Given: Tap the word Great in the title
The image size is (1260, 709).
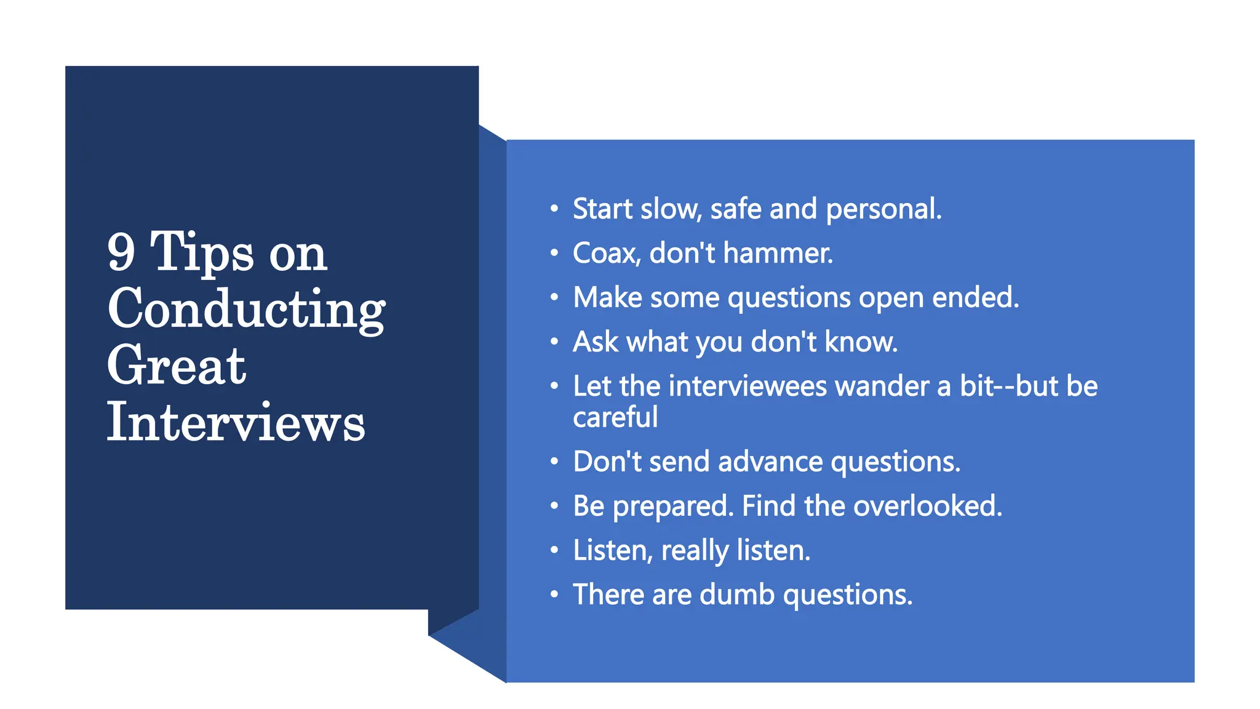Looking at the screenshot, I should pos(177,366).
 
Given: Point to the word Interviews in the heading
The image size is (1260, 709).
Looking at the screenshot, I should pos(236,422).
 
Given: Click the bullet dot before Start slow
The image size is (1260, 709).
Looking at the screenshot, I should pos(554,209).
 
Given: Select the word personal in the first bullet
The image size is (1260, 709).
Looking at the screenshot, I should pos(883,209).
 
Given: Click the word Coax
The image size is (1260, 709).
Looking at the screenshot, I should pos(606,253).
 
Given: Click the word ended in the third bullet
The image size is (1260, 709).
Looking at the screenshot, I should pos(975,297).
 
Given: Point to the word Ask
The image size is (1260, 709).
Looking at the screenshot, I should pos(595,342).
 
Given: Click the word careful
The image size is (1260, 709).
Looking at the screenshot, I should pos(615,417).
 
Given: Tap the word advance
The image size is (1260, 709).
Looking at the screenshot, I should pos(770,462).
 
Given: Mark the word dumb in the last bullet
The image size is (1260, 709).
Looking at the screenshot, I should pos(736,595).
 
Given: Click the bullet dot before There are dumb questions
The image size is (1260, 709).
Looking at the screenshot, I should pos(554,595).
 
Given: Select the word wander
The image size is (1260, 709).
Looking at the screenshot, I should pos(882,386).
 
